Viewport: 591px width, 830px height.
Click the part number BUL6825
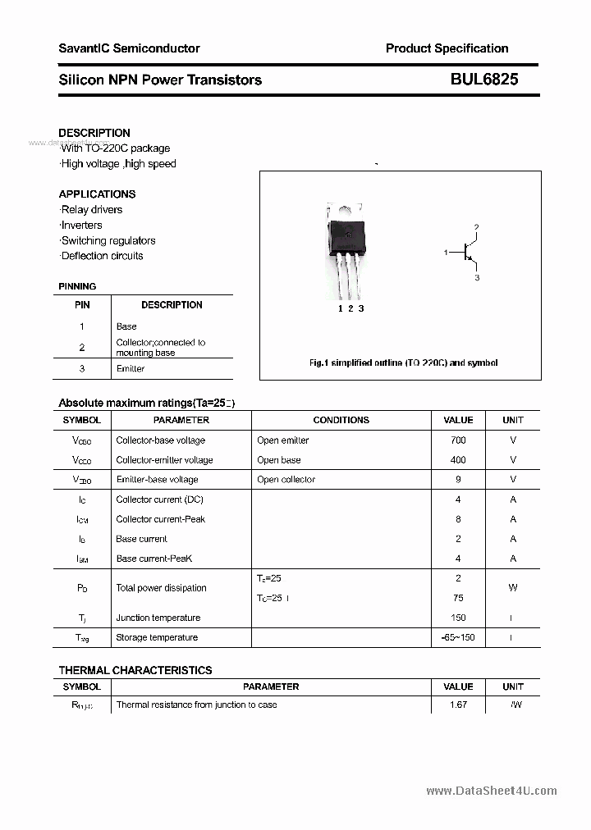tap(483, 80)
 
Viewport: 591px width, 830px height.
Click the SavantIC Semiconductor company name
tap(129, 48)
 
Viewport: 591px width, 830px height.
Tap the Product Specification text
tap(447, 48)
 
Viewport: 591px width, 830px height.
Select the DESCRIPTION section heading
tap(94, 133)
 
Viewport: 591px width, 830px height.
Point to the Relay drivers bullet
tap(91, 210)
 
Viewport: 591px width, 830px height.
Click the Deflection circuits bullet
tap(102, 256)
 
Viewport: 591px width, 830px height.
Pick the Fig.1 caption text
tap(403, 363)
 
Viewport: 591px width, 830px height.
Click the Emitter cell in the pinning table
tap(131, 369)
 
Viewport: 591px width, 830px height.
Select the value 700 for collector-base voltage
tap(458, 440)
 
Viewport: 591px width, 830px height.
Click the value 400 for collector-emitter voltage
tap(458, 460)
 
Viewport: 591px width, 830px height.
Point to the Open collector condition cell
tap(286, 480)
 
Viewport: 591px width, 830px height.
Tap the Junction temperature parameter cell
tap(158, 618)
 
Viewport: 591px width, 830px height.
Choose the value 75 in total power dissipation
tap(458, 598)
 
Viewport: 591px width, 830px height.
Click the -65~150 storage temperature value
tap(458, 637)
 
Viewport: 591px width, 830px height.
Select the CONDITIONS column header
tap(341, 420)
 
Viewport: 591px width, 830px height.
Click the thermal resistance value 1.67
tap(458, 705)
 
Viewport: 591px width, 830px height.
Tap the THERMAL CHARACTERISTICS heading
tap(135, 670)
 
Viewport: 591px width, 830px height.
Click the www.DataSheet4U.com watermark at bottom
tap(492, 791)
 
